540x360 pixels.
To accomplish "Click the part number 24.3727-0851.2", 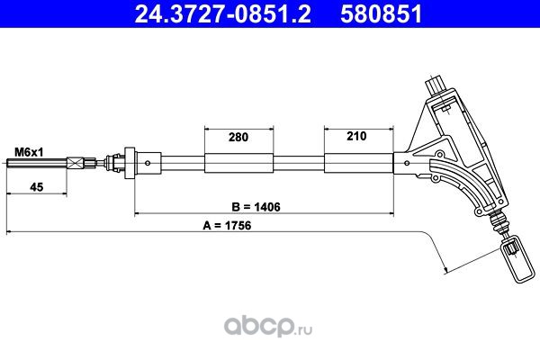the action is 223,14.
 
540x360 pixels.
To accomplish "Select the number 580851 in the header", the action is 382,14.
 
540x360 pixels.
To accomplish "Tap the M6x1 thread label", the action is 29,152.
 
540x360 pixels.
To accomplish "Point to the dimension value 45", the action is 37,187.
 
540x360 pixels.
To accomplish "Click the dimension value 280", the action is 238,137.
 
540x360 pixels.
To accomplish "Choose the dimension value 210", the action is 356,136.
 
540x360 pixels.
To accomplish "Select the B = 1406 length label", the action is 256,207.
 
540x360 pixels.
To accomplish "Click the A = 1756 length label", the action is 227,226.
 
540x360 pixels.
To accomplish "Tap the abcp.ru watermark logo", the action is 268,327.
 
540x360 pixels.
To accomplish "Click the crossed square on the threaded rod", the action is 76,163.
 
